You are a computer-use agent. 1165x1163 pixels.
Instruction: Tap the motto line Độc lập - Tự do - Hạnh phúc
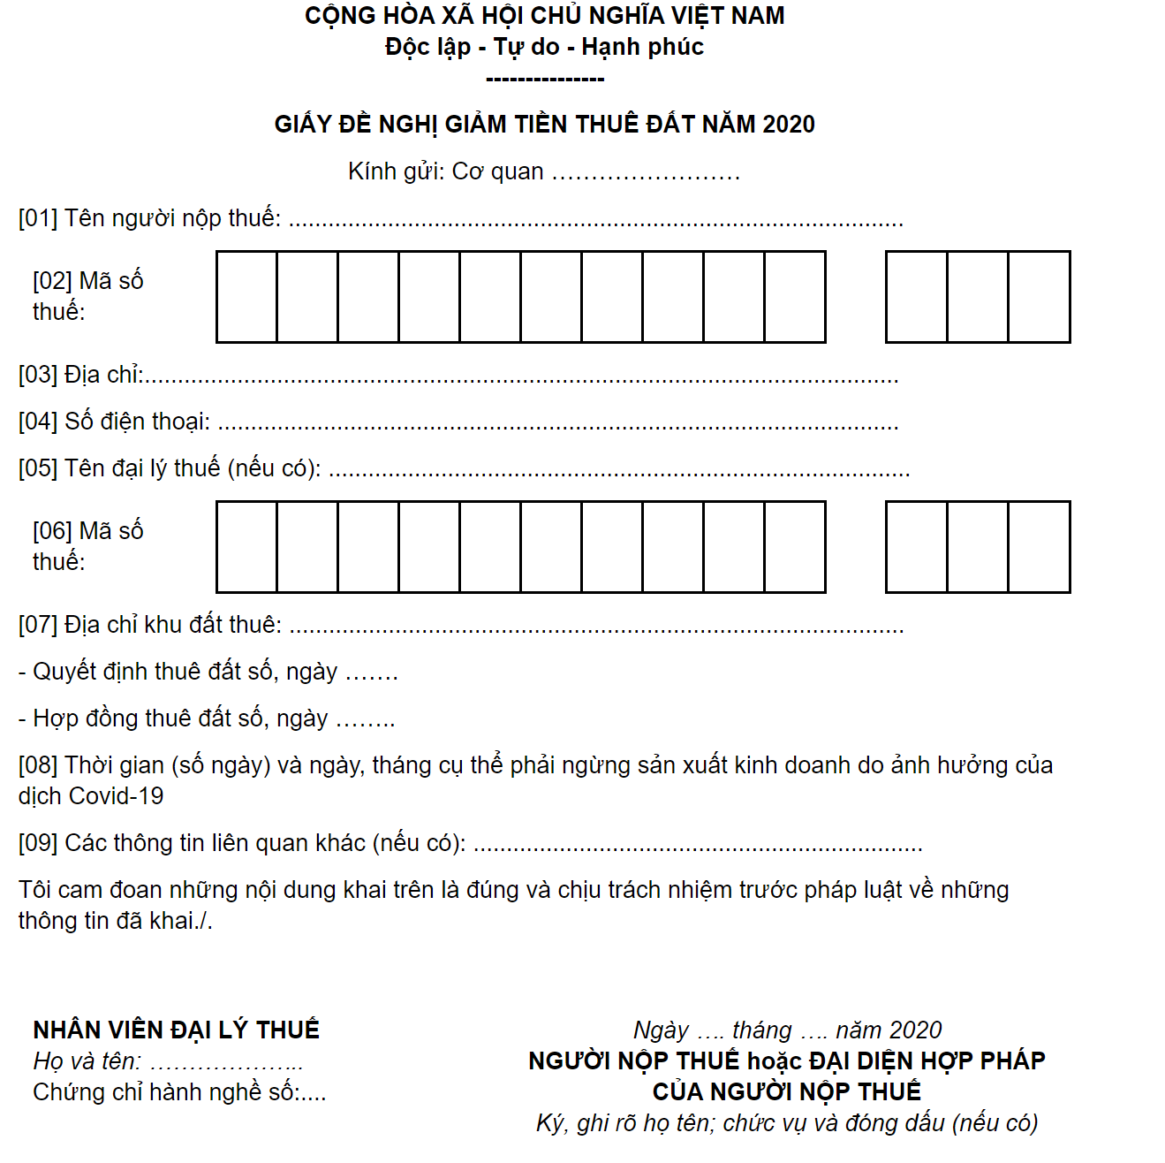click(x=544, y=47)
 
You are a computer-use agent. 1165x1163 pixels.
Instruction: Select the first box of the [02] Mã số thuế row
click(x=246, y=297)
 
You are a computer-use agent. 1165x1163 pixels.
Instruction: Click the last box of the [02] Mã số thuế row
click(x=1039, y=297)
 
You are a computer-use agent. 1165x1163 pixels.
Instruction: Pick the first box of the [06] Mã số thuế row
click(x=246, y=547)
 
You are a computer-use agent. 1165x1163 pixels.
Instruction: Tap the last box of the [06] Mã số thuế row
click(x=1039, y=547)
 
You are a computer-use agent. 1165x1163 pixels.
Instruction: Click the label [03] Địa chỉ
click(x=80, y=375)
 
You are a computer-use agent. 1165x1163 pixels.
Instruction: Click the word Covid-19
click(x=116, y=796)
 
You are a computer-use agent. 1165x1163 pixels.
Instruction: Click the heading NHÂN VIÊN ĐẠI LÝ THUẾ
click(x=176, y=1030)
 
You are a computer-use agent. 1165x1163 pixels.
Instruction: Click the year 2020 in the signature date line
click(x=914, y=1030)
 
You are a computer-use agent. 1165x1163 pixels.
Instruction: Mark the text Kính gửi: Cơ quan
click(x=446, y=171)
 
